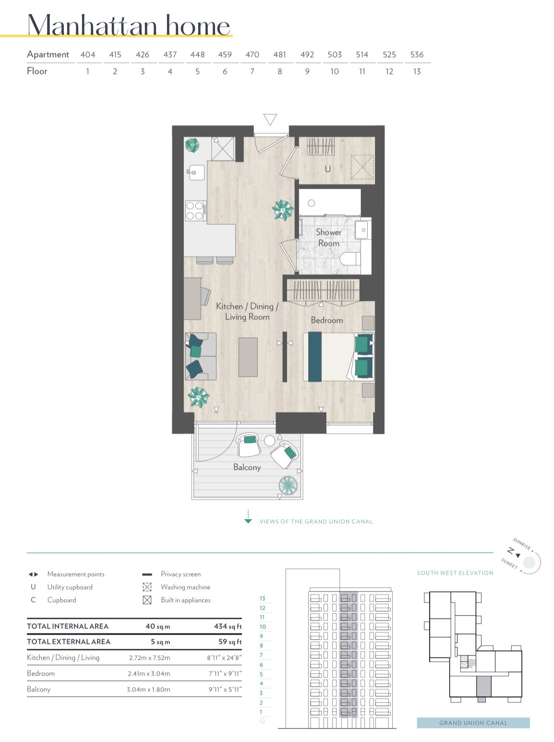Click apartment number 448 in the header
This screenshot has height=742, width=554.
[197, 54]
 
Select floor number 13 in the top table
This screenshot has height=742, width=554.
[417, 71]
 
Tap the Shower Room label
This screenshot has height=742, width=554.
[328, 238]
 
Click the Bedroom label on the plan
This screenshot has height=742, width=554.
[327, 320]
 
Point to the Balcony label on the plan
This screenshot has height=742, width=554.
[247, 467]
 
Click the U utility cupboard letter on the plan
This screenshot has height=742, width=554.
[327, 169]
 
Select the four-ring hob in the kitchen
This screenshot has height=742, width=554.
[195, 210]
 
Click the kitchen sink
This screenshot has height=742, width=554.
[196, 173]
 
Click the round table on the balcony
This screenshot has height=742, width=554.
[269, 441]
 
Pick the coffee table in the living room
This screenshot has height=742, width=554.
[248, 357]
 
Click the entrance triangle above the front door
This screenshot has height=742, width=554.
[270, 119]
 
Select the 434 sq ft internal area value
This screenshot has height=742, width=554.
[228, 626]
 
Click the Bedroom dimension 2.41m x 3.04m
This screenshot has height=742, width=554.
[149, 673]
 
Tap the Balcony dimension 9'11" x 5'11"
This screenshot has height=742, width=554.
[225, 689]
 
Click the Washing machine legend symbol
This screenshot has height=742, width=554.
[147, 587]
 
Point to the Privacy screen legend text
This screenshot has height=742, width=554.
[181, 574]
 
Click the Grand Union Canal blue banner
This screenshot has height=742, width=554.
[473, 723]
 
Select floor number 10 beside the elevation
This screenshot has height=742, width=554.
[263, 626]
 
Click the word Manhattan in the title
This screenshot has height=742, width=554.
[93, 25]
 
